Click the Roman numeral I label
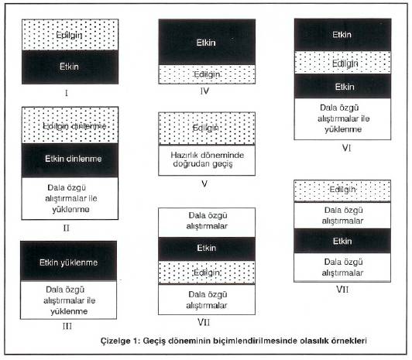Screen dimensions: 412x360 67,93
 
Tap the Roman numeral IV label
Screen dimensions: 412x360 204,91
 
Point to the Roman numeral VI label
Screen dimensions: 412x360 346,148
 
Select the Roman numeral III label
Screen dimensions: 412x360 67,326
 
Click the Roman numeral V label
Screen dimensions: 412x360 204,183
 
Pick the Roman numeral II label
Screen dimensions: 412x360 67,228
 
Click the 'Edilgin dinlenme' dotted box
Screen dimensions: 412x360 70,125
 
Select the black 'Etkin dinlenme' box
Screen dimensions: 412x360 70,160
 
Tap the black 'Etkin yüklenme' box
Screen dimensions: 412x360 69,261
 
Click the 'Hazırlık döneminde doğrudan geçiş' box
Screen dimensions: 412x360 207,160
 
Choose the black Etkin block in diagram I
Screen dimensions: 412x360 70,67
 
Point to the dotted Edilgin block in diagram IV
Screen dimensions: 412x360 207,74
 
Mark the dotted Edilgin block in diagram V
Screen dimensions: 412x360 207,129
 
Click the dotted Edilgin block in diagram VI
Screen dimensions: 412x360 342,63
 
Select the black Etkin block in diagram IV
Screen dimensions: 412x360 207,42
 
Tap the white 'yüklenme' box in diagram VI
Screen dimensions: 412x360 342,118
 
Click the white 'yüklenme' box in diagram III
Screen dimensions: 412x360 69,300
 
